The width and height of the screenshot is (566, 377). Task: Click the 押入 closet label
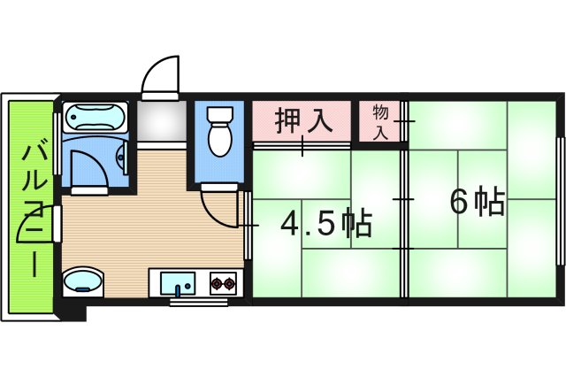[x=303, y=120]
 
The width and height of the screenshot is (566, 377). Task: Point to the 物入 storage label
[x=381, y=122]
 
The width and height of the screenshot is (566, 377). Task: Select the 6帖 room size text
[x=478, y=203]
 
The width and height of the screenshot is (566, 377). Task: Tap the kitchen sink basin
[x=182, y=284]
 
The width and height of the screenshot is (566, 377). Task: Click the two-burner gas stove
[x=225, y=284]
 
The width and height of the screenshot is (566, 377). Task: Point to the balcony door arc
[x=35, y=233]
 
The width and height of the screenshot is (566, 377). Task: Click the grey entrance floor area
[x=160, y=121]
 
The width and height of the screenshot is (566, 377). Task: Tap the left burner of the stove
[x=217, y=284]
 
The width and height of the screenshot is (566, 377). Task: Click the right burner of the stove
[x=232, y=284]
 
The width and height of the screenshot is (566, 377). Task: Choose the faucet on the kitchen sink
[x=182, y=288]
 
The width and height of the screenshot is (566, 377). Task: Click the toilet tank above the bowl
[x=218, y=115]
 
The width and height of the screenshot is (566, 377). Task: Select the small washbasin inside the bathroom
[x=122, y=159]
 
